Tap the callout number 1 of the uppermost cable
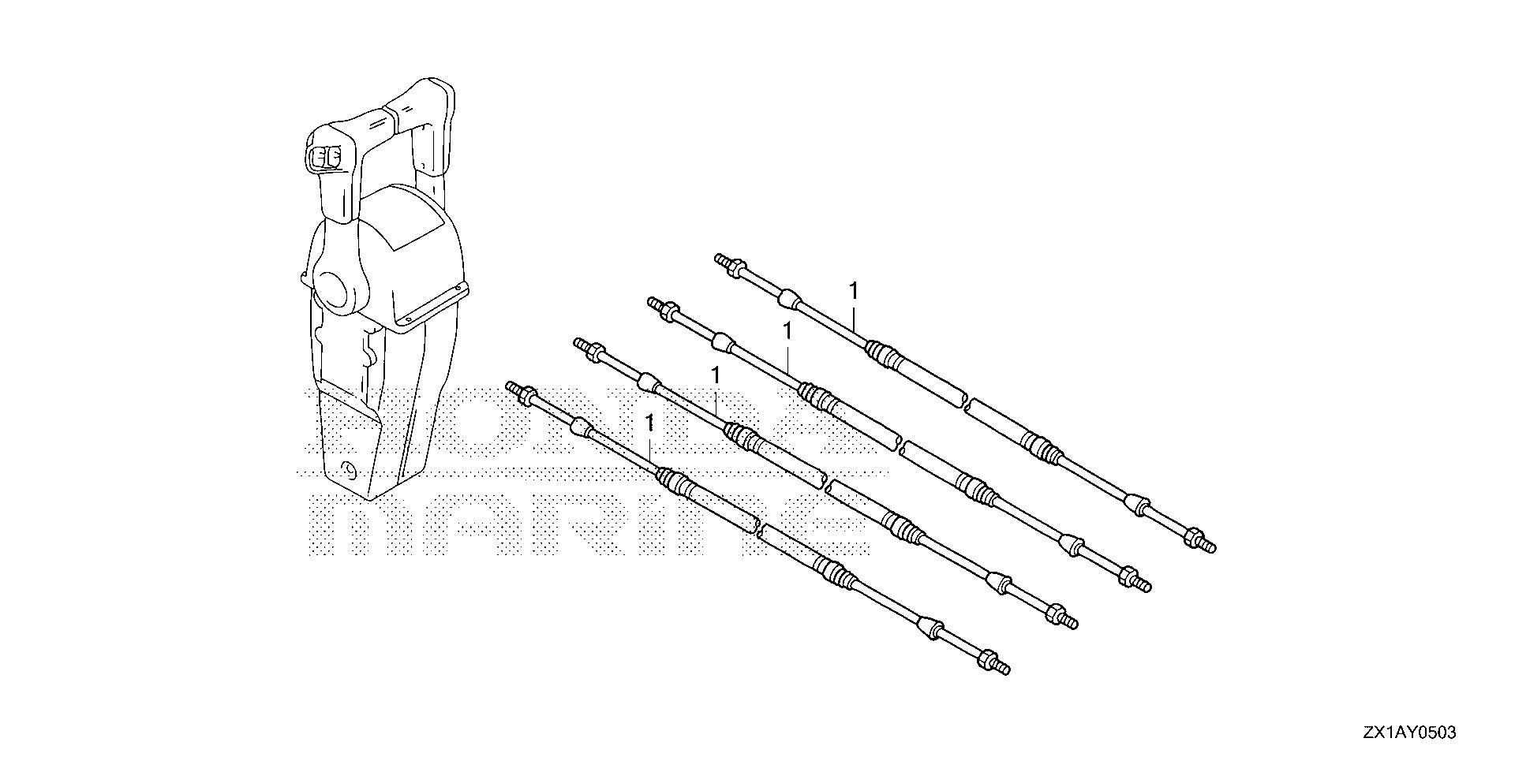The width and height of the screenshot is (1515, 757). pyautogui.click(x=852, y=291)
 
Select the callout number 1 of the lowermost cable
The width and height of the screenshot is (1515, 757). pyautogui.click(x=649, y=424)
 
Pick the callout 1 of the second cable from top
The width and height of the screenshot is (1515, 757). pyautogui.click(x=787, y=332)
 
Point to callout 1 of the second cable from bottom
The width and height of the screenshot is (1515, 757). pyautogui.click(x=715, y=377)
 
